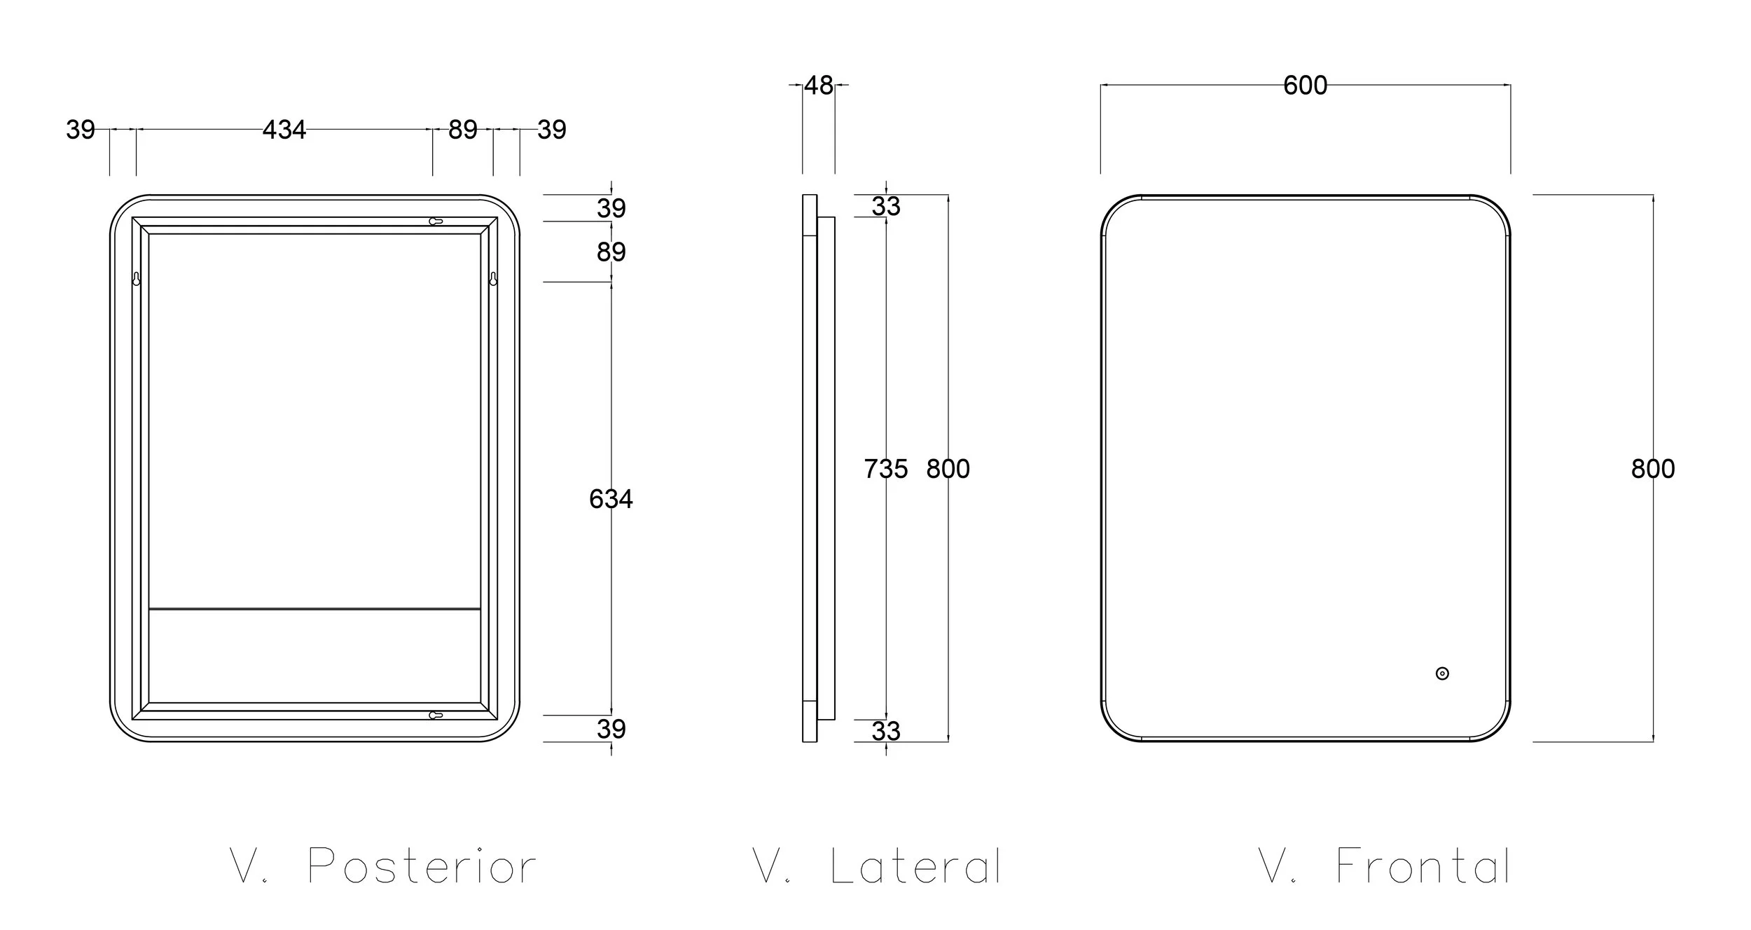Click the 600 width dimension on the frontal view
[x=1305, y=86]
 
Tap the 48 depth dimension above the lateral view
[x=819, y=86]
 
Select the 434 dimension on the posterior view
[x=284, y=130]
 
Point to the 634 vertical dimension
[x=611, y=499]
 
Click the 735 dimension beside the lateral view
[x=886, y=469]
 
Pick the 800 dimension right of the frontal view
[x=1653, y=469]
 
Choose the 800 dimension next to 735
[x=948, y=469]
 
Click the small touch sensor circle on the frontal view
[x=1442, y=673]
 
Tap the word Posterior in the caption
[x=422, y=866]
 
